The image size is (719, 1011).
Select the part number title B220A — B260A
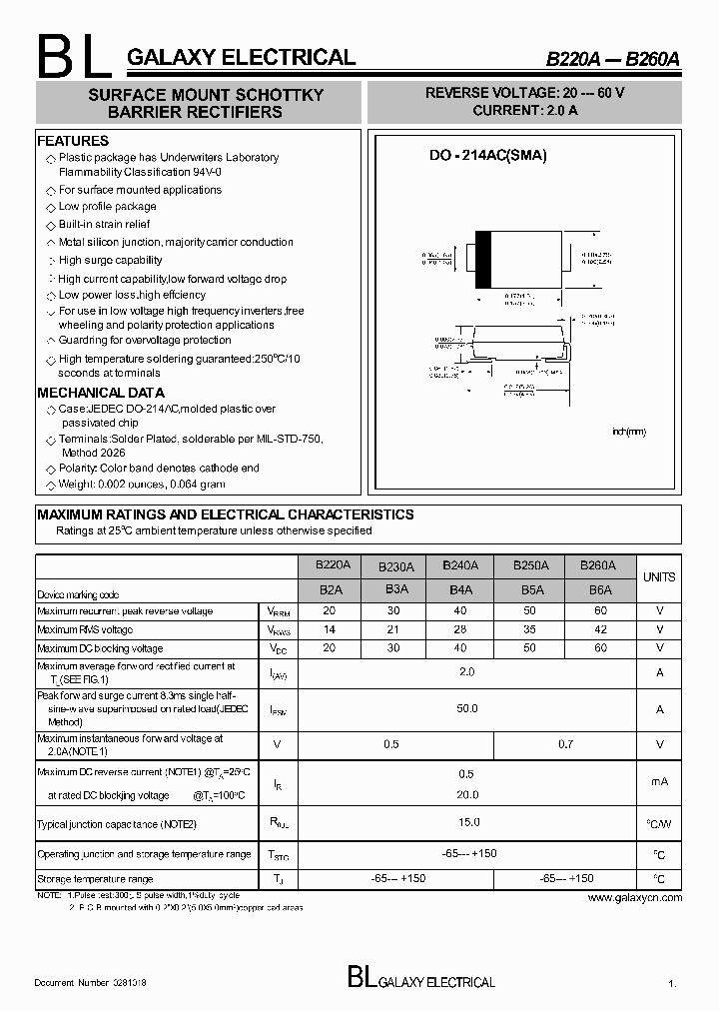(x=612, y=59)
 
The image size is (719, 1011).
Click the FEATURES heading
(x=73, y=141)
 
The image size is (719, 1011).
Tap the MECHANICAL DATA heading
(x=101, y=393)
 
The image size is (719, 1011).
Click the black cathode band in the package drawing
(x=482, y=260)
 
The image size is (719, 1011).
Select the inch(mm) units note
(x=629, y=432)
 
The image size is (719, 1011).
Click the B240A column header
(x=459, y=565)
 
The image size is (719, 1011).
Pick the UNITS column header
(x=659, y=577)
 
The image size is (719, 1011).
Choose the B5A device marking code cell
(x=529, y=590)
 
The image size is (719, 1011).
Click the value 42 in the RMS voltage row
(x=599, y=629)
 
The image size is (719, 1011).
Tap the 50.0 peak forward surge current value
(x=466, y=708)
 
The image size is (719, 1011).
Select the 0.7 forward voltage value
(x=565, y=745)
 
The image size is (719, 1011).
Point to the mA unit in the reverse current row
(x=659, y=781)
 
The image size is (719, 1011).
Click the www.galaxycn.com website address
(x=634, y=897)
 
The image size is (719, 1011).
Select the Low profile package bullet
(x=107, y=207)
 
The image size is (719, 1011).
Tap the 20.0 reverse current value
(x=466, y=795)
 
